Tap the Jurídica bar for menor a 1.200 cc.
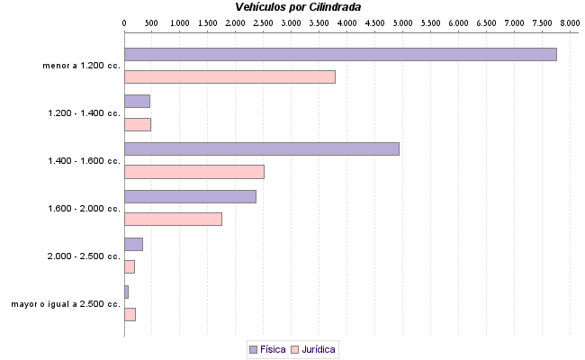[229, 76]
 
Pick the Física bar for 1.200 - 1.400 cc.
[137, 101]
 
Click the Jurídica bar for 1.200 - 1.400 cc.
[137, 124]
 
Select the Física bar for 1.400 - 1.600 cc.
[261, 148]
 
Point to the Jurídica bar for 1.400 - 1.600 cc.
[193, 171]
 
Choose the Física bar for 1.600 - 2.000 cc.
[190, 196]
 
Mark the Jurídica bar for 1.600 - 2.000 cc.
[173, 219]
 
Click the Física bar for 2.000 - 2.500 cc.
[133, 244]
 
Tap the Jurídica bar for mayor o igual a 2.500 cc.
[130, 314]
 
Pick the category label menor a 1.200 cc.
[81, 66]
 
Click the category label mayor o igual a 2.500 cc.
[66, 304]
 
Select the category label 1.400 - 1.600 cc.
[84, 161]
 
